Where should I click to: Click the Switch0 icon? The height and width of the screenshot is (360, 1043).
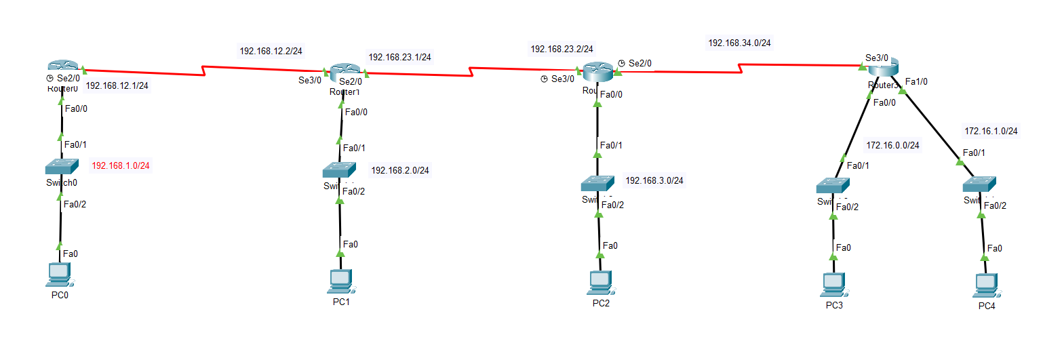pos(61,165)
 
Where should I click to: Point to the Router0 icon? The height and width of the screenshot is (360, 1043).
pos(64,66)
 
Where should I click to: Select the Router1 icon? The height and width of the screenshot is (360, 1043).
pos(345,71)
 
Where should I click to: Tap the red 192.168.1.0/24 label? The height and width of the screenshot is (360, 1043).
pos(121,165)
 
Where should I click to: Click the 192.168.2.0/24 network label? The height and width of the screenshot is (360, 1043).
pos(400,170)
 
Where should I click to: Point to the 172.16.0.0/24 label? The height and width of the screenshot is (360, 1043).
pos(893,144)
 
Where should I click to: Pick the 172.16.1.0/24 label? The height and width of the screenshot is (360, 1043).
pos(991,131)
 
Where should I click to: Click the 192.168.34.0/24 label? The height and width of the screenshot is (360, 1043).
pos(739,43)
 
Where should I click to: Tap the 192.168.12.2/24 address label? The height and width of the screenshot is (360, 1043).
pos(271,50)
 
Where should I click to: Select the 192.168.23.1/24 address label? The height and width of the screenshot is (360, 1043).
pos(399,57)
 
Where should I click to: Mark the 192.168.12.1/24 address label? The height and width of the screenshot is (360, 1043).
pos(117,85)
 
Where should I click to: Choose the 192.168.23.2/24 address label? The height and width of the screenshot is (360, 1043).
pos(562,49)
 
